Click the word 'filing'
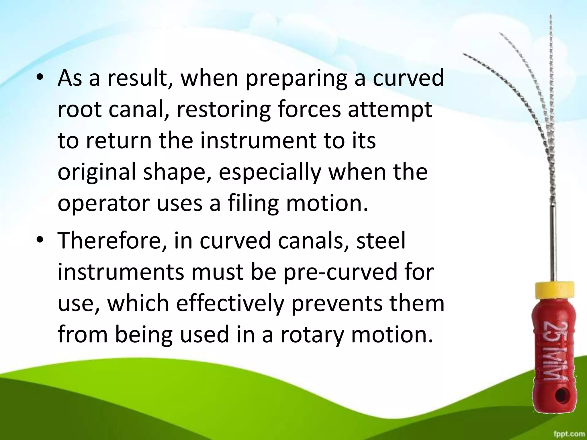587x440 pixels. pyautogui.click(x=253, y=204)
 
